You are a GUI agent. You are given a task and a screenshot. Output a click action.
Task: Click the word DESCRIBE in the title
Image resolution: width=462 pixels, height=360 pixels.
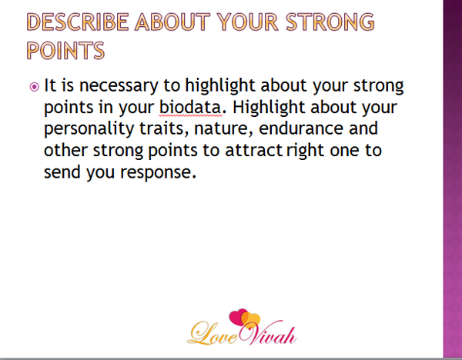[78, 22]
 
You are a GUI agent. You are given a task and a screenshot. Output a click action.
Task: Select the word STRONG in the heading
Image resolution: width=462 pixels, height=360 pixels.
[330, 22]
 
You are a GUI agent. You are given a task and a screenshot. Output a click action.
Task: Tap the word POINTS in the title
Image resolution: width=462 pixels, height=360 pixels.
[65, 50]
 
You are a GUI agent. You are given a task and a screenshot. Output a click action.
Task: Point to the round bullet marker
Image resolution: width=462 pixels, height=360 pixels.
[34, 87]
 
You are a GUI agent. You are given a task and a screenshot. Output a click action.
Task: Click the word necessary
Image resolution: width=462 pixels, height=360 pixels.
[119, 86]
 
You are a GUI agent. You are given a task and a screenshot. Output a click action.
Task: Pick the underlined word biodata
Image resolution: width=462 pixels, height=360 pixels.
[190, 107]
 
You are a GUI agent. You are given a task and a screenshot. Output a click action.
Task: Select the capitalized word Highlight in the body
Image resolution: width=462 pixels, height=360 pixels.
[269, 107]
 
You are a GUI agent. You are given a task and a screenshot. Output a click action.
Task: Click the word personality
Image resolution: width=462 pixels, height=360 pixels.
[89, 129]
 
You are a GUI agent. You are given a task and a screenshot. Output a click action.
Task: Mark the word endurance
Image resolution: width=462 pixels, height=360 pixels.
[301, 128]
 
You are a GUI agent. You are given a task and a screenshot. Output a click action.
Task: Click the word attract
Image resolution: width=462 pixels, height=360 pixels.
[254, 150]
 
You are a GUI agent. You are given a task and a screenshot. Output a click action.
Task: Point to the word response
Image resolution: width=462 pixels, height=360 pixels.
[158, 172]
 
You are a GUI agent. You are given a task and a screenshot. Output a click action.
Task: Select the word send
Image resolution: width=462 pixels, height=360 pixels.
[62, 172]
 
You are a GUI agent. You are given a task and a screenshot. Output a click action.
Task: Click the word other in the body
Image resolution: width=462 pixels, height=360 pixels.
[65, 150]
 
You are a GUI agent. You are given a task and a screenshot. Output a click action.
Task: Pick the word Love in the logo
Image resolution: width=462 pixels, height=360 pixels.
[213, 334]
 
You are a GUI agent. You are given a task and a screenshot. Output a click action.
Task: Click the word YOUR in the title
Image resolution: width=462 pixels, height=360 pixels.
[247, 22]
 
